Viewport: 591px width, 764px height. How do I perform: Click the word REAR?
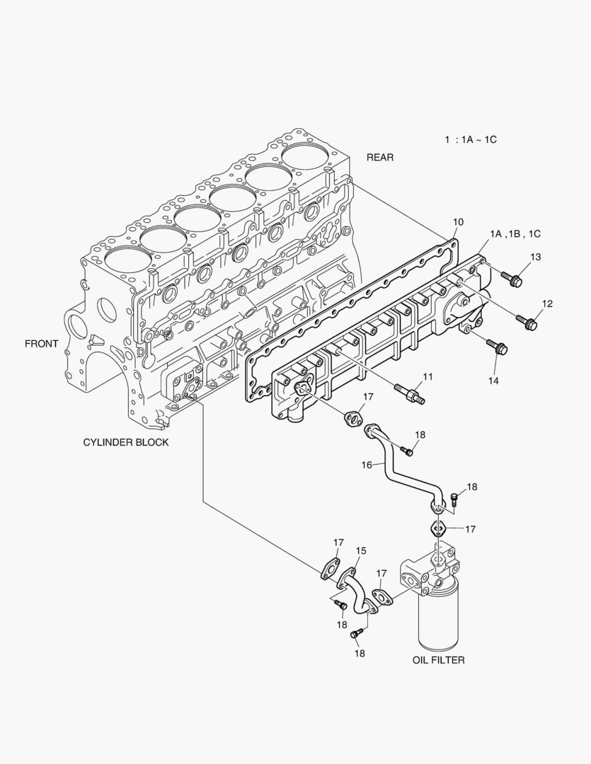pyautogui.click(x=379, y=157)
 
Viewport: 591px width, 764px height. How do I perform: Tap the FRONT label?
pyautogui.click(x=41, y=344)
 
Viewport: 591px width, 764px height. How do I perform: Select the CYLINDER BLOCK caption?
pyautogui.click(x=126, y=443)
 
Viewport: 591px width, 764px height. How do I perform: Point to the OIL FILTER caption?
pyautogui.click(x=439, y=660)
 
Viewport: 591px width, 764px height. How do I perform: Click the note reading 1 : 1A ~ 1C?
pyautogui.click(x=471, y=139)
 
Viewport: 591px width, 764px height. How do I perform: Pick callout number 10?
pyautogui.click(x=458, y=222)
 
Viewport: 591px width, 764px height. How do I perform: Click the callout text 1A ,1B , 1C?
pyautogui.click(x=515, y=233)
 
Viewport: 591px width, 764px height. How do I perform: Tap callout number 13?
pyautogui.click(x=536, y=257)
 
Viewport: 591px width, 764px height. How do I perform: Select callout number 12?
pyautogui.click(x=547, y=303)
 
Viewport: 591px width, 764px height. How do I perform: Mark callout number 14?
pyautogui.click(x=493, y=381)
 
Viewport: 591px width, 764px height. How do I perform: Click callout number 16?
pyautogui.click(x=367, y=465)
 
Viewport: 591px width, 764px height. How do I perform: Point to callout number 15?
pyautogui.click(x=361, y=550)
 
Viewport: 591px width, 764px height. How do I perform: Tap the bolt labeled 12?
pyautogui.click(x=527, y=323)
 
